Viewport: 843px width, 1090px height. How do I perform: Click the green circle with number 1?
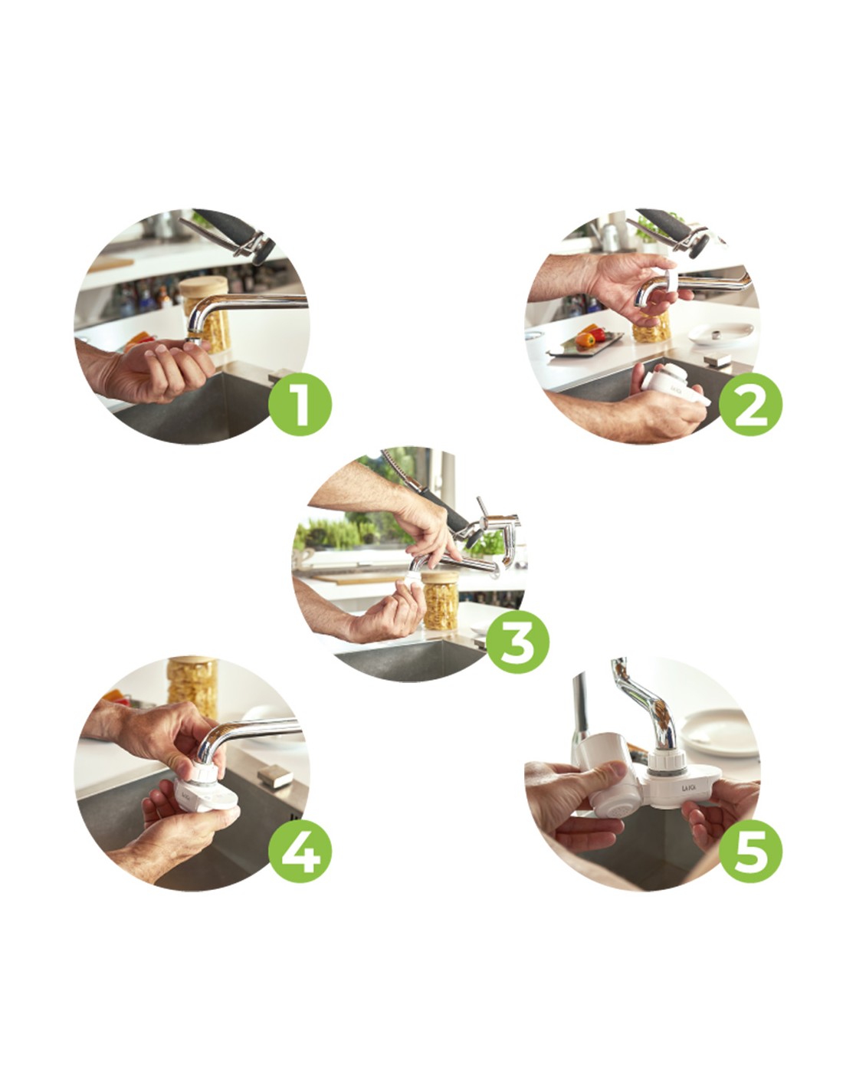coord(300,403)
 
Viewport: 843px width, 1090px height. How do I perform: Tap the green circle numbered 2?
coord(750,403)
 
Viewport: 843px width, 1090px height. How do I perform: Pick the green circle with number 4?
coord(300,850)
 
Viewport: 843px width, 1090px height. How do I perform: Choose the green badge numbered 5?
coord(750,850)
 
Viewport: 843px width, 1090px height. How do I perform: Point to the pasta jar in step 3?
coord(440,600)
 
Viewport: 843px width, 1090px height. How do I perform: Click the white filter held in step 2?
coord(675,386)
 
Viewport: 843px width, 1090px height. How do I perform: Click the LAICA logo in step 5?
coord(688,787)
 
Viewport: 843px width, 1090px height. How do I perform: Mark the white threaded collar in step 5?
coord(667,765)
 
